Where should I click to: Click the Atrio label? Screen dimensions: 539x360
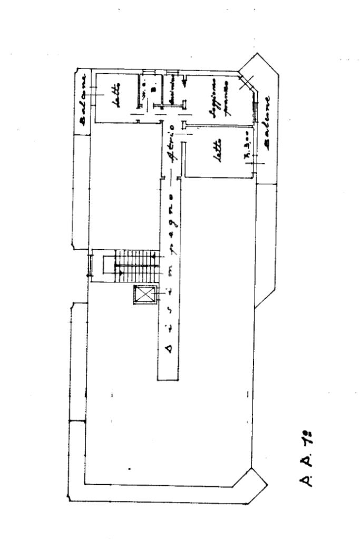[171, 142]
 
